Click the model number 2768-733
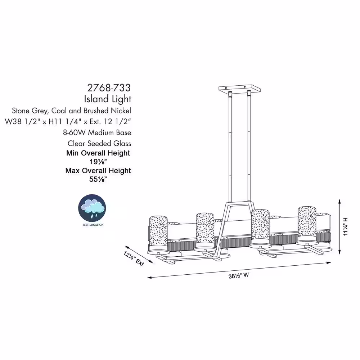(x=109, y=88)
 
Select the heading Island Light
(x=107, y=99)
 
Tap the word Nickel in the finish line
(x=121, y=111)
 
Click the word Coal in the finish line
(x=59, y=111)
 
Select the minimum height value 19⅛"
(x=98, y=162)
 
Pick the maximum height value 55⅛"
(x=98, y=179)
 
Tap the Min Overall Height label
(x=98, y=153)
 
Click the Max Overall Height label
(x=98, y=171)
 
